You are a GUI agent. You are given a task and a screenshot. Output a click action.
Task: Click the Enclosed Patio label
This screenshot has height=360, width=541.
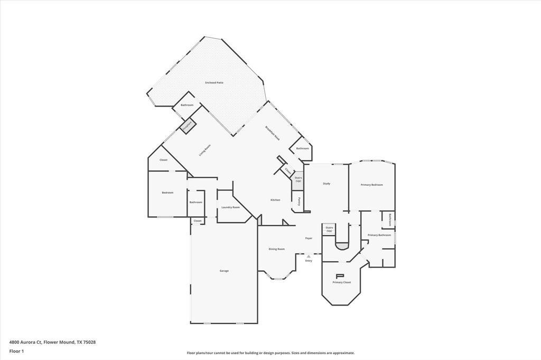(214, 83)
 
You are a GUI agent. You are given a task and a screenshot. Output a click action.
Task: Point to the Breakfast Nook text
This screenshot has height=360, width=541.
(273, 132)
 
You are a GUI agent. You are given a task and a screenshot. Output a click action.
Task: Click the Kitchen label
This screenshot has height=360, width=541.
(275, 200)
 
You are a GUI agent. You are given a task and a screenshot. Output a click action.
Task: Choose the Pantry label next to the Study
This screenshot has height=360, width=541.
(299, 201)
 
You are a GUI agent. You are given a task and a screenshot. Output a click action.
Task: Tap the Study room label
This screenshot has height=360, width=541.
(327, 184)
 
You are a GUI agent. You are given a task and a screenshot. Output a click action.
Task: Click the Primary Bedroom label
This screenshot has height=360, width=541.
(371, 185)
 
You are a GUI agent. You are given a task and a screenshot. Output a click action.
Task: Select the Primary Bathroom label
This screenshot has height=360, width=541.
(379, 235)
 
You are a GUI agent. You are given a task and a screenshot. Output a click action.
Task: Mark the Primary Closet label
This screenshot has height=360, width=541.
(341, 282)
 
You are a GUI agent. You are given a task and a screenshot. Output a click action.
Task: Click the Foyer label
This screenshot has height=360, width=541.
(309, 238)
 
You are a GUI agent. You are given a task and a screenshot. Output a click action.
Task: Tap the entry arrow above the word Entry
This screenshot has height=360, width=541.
(309, 256)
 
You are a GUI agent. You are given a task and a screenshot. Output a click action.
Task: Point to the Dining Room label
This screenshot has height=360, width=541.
(277, 249)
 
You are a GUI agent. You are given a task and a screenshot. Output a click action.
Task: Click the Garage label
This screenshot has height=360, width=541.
(224, 271)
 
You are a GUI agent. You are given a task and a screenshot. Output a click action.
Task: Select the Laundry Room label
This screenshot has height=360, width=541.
(230, 207)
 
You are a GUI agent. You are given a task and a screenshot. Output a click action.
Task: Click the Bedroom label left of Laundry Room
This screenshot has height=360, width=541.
(167, 193)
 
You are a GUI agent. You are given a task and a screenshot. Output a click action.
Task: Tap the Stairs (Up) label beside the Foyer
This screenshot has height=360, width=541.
(329, 229)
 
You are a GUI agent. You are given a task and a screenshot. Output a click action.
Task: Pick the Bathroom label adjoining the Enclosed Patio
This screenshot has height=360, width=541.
(187, 105)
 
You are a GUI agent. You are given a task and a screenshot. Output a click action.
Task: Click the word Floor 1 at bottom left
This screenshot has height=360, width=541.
(16, 351)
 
